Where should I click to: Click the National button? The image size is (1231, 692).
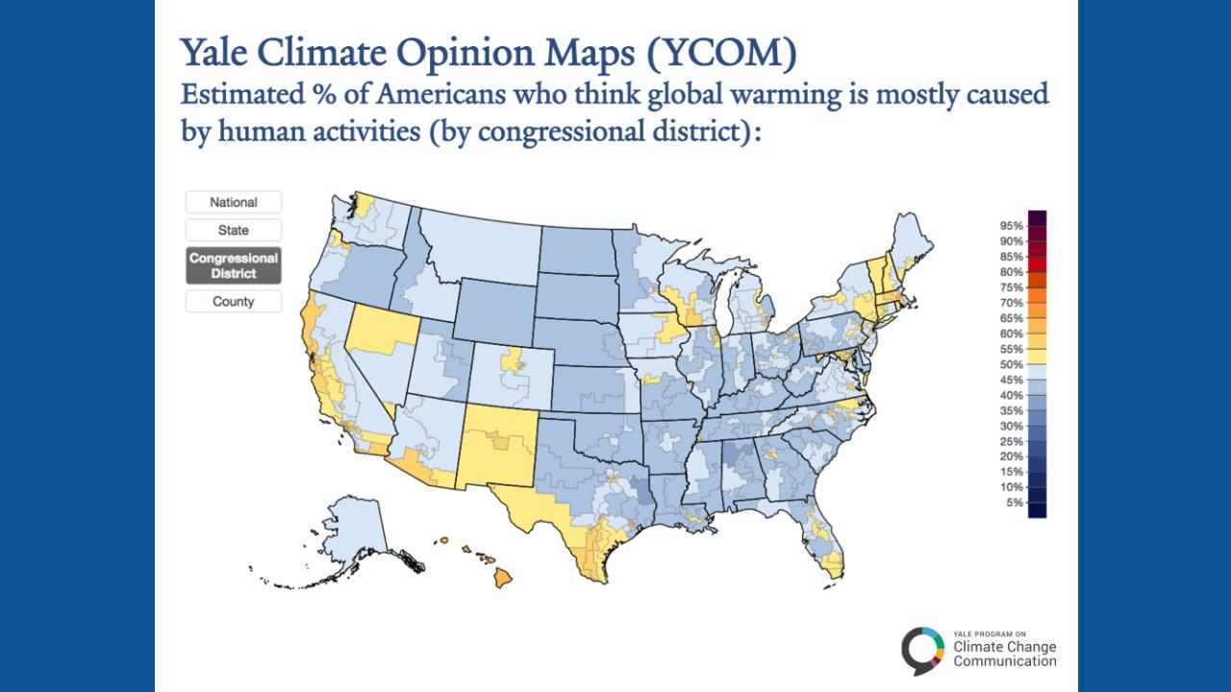click(x=233, y=203)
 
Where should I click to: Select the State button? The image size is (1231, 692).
click(x=233, y=231)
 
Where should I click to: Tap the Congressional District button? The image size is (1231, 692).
click(x=233, y=266)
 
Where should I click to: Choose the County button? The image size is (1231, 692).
click(x=233, y=302)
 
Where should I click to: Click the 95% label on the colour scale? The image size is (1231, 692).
click(x=1011, y=226)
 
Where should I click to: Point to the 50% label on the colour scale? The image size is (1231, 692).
click(x=1011, y=364)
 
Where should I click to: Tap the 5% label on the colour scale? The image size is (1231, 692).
click(x=1014, y=503)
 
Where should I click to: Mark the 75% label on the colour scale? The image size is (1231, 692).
click(x=1011, y=287)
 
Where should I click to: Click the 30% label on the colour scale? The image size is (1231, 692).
click(x=1011, y=426)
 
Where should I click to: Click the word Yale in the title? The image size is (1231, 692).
click(x=215, y=56)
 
